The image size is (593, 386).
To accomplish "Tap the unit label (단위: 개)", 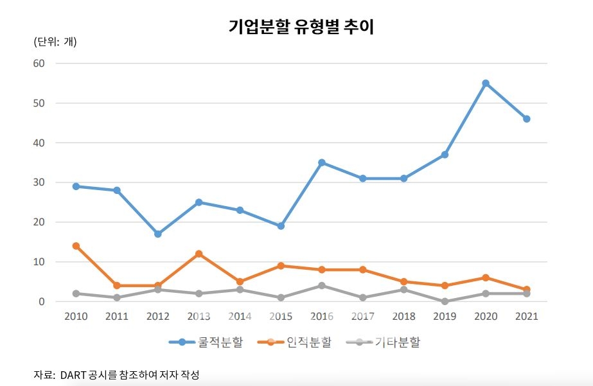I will (x=55, y=42).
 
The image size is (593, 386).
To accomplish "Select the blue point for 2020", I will (x=486, y=83).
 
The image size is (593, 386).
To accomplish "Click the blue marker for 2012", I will (x=158, y=234).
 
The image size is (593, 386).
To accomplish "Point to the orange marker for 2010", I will (x=76, y=246).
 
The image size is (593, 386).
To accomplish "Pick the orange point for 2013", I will (x=199, y=254).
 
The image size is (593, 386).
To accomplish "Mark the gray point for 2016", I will (x=322, y=286).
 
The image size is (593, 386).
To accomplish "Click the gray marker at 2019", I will (x=445, y=301).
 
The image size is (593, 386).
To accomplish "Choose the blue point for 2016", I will (x=322, y=162).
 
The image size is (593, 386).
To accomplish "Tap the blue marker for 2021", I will (x=527, y=119).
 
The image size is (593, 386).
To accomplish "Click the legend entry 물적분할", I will (x=206, y=342).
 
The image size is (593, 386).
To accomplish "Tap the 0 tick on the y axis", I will (x=42, y=301).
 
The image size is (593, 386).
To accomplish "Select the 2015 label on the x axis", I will (x=281, y=317).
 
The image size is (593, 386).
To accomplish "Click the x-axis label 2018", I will (x=403, y=317).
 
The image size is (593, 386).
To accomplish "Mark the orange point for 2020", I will (x=486, y=277).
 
